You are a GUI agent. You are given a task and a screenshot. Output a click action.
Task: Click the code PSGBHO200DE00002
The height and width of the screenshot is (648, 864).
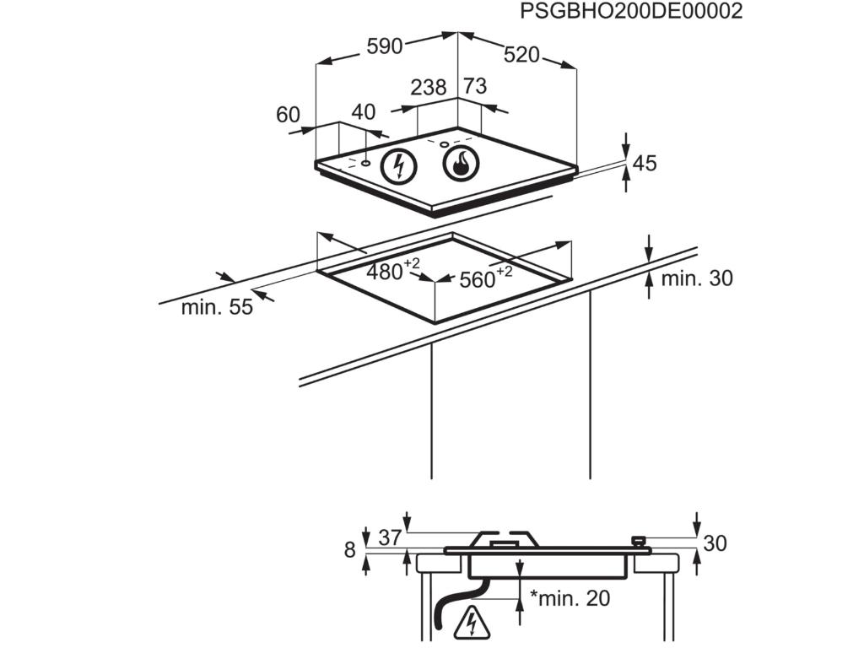click(630, 12)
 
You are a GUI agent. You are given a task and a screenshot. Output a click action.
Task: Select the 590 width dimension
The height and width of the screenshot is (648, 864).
click(384, 46)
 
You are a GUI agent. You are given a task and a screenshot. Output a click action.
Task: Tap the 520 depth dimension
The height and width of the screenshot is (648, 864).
click(521, 55)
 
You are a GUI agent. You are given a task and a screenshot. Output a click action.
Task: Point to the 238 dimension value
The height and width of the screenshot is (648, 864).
click(429, 87)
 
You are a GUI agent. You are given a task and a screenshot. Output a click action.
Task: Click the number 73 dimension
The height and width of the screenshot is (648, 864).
click(475, 86)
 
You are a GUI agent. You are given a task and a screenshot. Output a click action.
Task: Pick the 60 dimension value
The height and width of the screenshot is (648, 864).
click(289, 115)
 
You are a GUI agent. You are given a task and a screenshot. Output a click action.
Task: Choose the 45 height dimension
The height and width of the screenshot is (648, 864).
click(645, 163)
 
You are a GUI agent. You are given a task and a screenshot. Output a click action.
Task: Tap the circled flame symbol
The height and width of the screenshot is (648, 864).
click(461, 165)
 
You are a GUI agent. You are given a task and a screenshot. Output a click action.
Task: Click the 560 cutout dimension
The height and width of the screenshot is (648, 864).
click(478, 279)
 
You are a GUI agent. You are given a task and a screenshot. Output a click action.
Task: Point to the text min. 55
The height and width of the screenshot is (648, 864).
click(216, 307)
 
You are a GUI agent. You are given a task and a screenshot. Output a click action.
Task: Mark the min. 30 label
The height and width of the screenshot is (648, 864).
click(697, 278)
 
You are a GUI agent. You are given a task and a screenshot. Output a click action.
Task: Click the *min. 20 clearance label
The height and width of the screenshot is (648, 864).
click(570, 598)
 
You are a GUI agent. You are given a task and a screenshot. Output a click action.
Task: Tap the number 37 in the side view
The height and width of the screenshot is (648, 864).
click(389, 537)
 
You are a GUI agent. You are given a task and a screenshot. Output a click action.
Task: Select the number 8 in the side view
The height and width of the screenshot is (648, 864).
click(350, 550)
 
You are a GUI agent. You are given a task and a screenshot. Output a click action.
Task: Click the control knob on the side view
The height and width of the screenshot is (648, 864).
click(639, 541)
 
